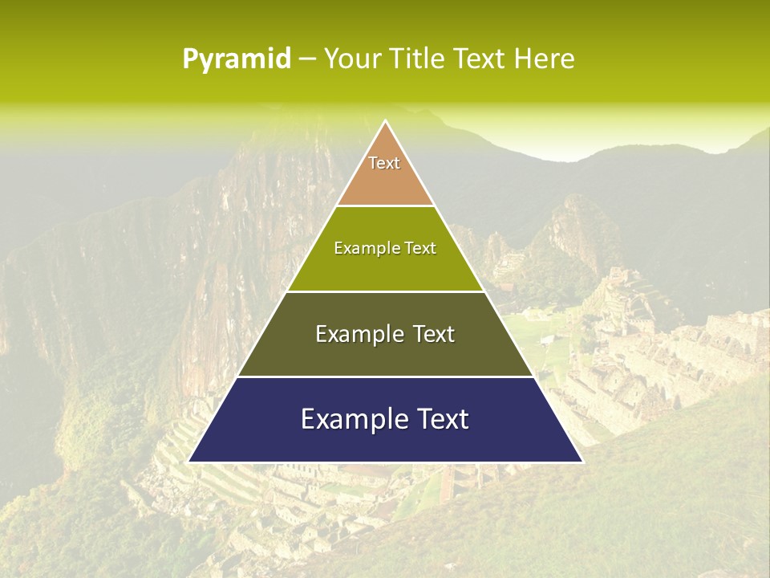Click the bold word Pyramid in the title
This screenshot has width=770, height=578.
(x=237, y=59)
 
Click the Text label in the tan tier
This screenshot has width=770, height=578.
(x=384, y=163)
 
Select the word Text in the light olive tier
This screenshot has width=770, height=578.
(x=419, y=249)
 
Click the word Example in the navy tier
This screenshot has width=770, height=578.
(x=349, y=419)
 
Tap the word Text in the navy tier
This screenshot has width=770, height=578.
(x=441, y=419)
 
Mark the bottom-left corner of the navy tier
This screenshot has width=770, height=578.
(x=189, y=462)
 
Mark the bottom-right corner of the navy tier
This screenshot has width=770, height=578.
(x=582, y=462)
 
